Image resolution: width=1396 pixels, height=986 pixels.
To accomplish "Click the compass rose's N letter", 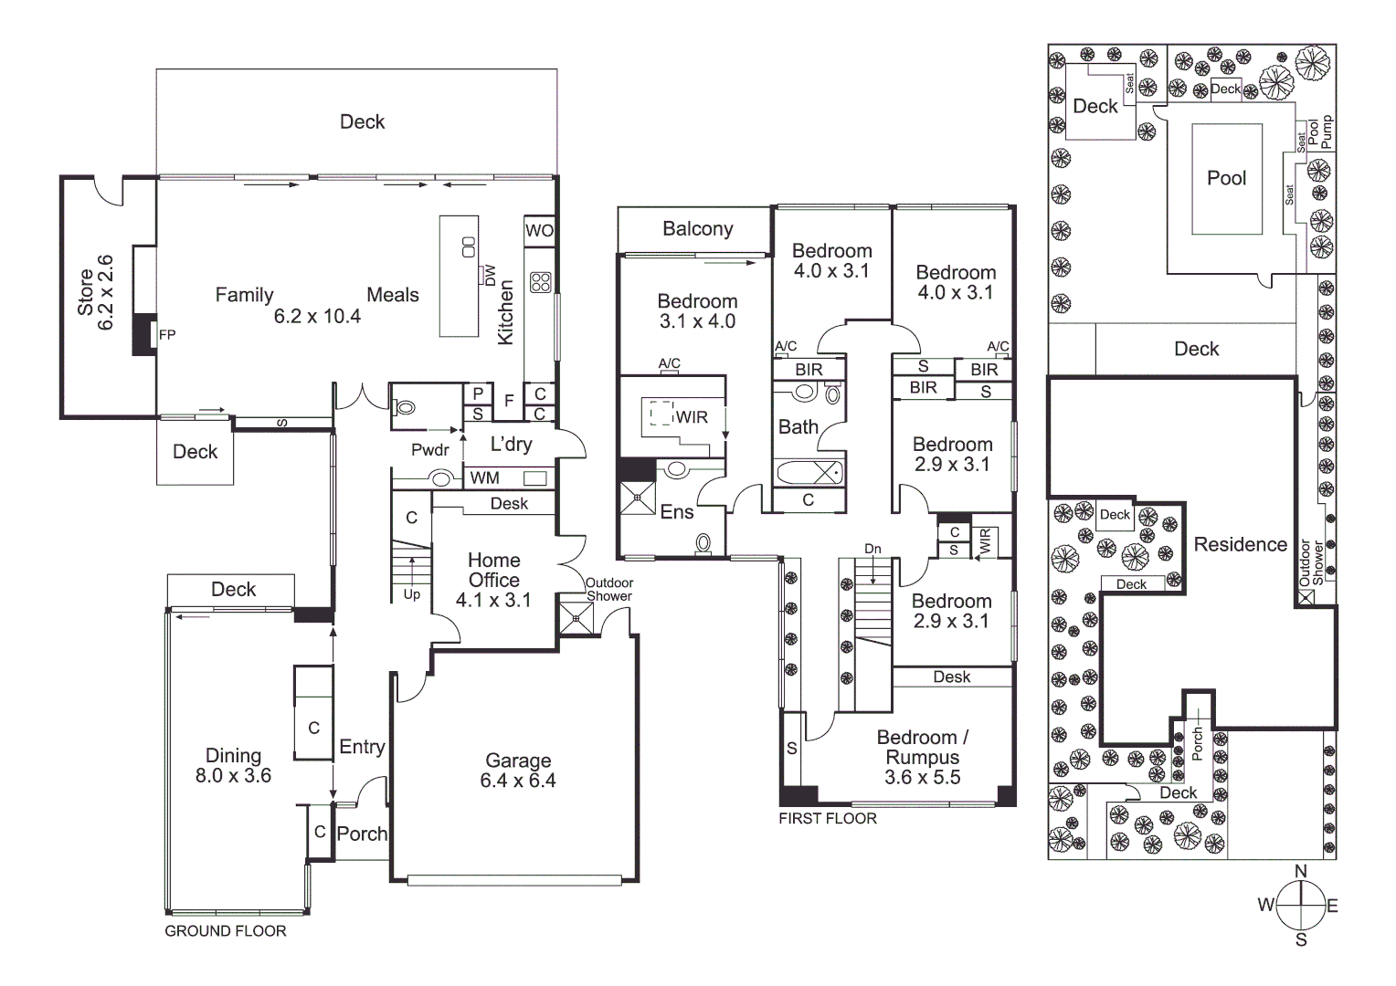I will point(1301,871).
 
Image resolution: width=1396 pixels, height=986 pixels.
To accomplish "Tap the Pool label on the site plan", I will point(1226,178).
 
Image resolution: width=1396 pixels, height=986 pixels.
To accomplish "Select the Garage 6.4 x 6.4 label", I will point(518,771).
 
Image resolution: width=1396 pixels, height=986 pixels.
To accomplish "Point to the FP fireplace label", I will point(167,335).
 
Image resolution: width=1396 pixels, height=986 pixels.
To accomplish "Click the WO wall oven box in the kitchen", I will point(539,230).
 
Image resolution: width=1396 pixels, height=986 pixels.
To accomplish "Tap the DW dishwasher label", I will point(490,275).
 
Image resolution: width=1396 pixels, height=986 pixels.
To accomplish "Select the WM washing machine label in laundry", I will point(484,477).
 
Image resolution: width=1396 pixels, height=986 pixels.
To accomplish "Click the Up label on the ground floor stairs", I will point(412,594).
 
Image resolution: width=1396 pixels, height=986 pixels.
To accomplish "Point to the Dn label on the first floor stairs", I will point(872,549).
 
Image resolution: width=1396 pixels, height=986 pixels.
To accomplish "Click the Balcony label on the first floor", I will point(697,229).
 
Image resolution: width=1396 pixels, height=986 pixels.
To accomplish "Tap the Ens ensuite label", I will point(677,512).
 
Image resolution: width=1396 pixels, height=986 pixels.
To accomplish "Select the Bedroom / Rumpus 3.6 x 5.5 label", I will point(922,757).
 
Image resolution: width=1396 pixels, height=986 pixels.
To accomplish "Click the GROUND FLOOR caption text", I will point(225,931).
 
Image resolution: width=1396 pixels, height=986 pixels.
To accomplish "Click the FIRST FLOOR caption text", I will point(827,819).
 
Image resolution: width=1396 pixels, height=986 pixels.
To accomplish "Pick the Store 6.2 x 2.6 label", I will point(95,292).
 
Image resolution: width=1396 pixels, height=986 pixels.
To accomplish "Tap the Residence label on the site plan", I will point(1240,544).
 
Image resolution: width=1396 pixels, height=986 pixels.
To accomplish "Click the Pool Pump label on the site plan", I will point(1320,133).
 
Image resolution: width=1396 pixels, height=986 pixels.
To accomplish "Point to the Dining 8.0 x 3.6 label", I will point(233,766).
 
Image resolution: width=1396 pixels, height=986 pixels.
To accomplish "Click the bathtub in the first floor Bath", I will point(809,472).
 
